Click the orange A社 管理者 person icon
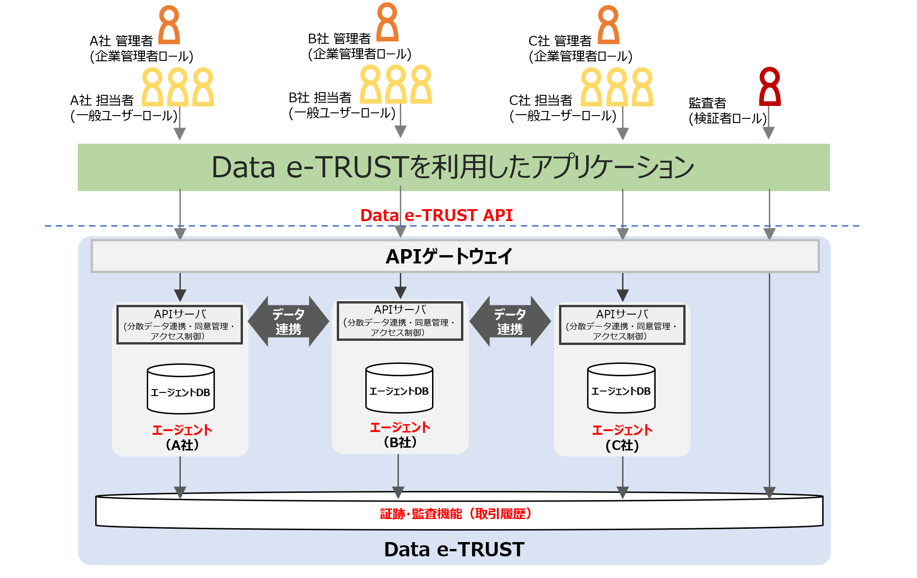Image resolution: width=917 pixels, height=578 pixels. coord(169,25)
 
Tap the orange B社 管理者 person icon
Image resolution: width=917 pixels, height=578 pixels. coord(387,23)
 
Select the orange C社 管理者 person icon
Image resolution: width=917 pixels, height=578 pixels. coord(608,25)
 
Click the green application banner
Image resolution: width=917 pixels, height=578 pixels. coord(453,167)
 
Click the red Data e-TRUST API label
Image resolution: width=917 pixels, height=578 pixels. coord(436,215)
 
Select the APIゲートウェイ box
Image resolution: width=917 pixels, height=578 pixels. coord(455,256)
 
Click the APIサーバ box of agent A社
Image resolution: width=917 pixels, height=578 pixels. coord(179,325)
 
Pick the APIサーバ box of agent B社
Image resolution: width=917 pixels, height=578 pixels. coord(399,321)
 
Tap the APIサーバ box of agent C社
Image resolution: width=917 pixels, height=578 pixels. coord(622,325)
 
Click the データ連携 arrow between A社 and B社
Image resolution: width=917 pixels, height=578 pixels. coord(288,321)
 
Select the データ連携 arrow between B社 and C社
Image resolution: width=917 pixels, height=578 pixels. coord(510,321)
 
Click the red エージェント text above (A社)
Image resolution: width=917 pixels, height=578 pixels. coord(182,430)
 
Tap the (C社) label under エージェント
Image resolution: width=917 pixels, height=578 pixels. coord(622,446)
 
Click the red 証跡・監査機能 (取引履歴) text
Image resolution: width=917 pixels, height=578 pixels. coord(456,514)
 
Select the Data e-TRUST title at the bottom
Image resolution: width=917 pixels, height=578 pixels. coord(454,549)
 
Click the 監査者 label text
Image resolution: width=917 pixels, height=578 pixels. coord(707,103)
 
